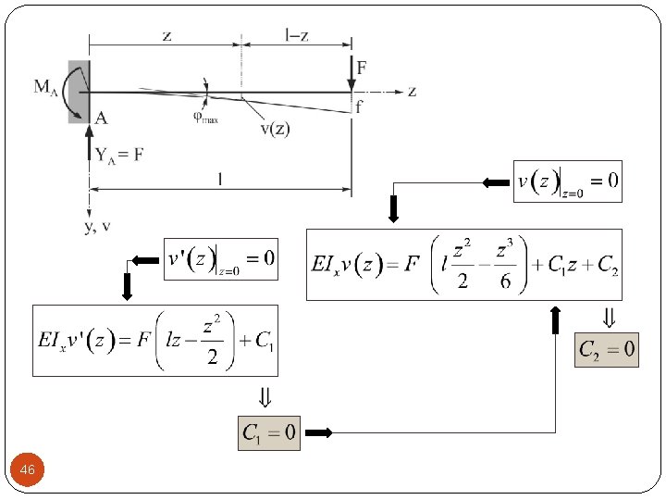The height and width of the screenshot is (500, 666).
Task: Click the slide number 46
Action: point(28,471)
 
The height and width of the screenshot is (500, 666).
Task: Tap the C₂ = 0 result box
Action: point(606,349)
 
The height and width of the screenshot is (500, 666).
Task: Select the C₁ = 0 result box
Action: point(269,431)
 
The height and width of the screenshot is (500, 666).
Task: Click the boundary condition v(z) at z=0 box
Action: point(567,181)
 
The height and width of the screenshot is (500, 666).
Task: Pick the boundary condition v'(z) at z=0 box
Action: point(220,257)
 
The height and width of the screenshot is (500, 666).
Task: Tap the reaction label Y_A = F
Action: point(118,155)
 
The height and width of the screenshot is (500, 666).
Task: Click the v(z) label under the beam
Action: point(273,129)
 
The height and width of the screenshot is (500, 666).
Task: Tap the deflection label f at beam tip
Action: point(359,107)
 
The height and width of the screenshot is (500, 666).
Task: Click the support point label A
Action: point(100,117)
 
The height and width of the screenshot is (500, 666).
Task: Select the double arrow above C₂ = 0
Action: point(607,319)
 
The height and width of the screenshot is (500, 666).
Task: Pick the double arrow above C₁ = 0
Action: point(265,399)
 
